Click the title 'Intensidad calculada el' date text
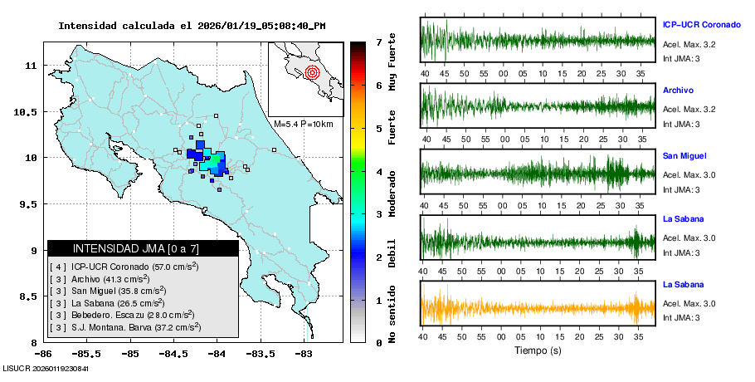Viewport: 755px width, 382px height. point(192,26)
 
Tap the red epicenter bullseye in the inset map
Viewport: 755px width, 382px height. point(312,72)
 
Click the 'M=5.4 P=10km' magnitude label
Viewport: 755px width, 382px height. point(303,125)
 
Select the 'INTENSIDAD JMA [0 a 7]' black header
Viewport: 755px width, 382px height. point(143,248)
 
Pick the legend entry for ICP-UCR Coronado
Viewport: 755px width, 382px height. point(124,267)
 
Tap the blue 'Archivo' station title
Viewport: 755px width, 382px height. point(679,90)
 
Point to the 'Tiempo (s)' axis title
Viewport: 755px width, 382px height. point(538,351)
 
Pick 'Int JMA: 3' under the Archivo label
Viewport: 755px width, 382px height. point(682,124)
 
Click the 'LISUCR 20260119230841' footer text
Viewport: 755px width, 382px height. point(46,368)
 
